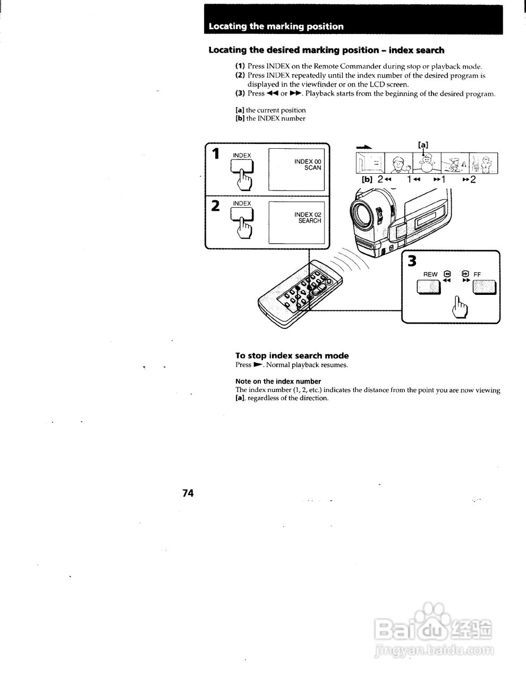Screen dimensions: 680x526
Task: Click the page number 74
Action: pyautogui.click(x=188, y=493)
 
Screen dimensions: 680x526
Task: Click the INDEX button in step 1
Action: pyautogui.click(x=241, y=167)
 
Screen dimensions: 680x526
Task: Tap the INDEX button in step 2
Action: pyautogui.click(x=241, y=215)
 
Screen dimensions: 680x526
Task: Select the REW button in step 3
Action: pyautogui.click(x=429, y=287)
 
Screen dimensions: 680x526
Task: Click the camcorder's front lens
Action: pyautogui.click(x=366, y=214)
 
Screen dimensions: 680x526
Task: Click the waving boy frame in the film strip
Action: pyautogui.click(x=398, y=163)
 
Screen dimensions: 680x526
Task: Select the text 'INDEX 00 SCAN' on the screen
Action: pyautogui.click(x=308, y=164)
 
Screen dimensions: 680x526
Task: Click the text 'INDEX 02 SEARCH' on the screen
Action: pyautogui.click(x=308, y=217)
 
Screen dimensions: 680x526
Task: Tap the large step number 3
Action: pyautogui.click(x=413, y=262)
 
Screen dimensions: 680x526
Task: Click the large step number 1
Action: pyautogui.click(x=215, y=154)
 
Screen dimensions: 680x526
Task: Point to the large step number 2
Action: pyautogui.click(x=215, y=206)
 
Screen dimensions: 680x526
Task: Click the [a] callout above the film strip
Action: pyautogui.click(x=423, y=144)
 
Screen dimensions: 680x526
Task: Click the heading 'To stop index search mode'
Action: pyautogui.click(x=292, y=355)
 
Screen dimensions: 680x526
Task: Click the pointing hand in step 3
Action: pyautogui.click(x=461, y=307)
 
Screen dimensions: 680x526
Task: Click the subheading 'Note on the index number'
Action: pyautogui.click(x=278, y=381)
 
